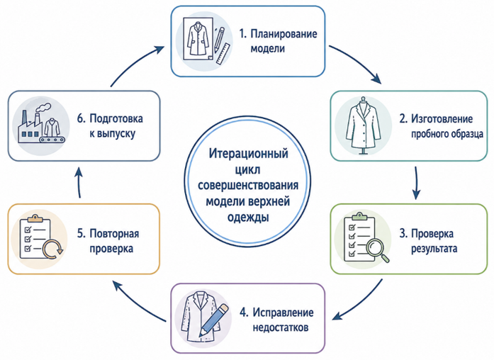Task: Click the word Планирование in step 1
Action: coord(284,34)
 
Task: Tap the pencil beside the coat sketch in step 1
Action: coord(220,40)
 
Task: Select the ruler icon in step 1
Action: coord(223,54)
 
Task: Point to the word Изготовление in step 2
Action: coord(442,119)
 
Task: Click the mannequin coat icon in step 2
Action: coord(364,125)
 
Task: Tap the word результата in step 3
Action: coord(434,249)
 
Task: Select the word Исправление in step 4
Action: coord(283,313)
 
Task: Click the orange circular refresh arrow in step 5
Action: coord(52,249)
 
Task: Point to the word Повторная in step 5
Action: coord(114,234)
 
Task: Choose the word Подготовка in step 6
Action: coord(116,119)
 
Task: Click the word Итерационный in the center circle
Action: coord(249,154)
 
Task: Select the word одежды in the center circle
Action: coord(248,218)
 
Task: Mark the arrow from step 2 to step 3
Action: coord(416,183)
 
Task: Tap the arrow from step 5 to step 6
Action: coord(79,183)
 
